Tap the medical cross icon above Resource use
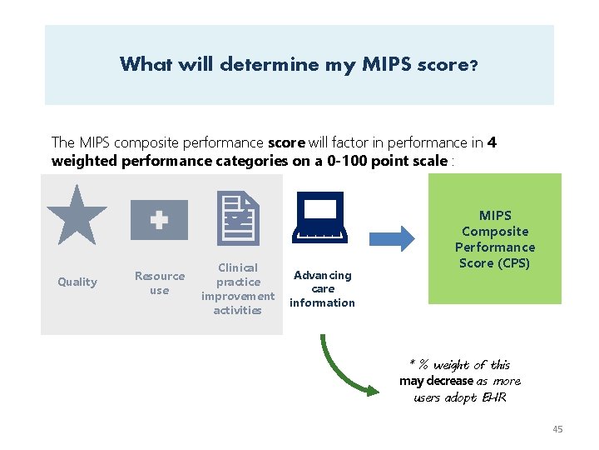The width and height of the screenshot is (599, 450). coord(159,220)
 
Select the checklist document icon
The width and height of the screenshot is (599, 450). coord(238,217)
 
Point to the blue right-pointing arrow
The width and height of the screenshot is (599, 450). coord(391,239)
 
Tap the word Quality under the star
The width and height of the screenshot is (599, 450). coord(77,282)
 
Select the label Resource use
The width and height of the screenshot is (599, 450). coord(160,282)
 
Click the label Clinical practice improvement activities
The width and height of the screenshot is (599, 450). coord(237,288)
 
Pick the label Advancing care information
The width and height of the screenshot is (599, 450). coord(323,288)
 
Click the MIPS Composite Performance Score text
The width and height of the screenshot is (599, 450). coord(495,239)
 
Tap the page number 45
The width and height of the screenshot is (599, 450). coord(557,428)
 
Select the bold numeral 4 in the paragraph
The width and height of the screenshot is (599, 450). coord(493,142)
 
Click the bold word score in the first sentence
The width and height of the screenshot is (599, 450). coord(287,142)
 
